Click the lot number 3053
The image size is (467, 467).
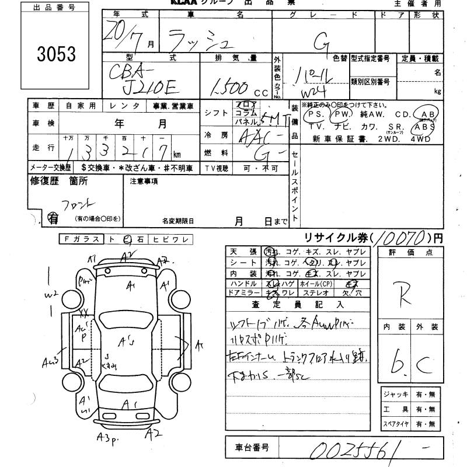click(56, 54)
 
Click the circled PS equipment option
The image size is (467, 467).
click(315, 114)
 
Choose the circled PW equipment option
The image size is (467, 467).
click(341, 114)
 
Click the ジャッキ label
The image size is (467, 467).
click(395, 395)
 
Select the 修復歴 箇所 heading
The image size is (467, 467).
click(58, 181)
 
